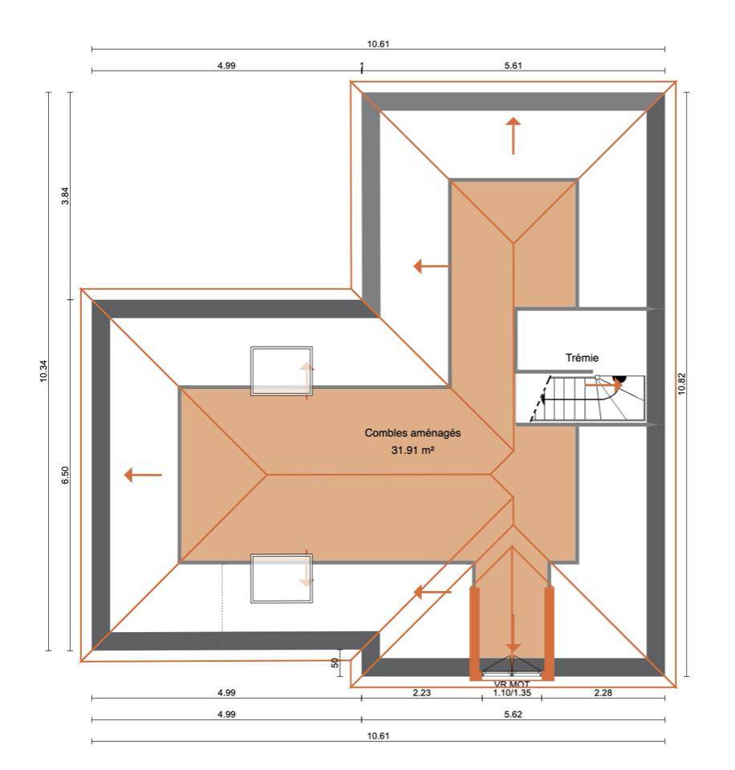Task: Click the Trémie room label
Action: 582,358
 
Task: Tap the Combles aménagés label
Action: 412,432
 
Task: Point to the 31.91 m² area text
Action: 412,449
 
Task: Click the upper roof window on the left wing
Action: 282,371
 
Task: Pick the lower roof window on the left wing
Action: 282,578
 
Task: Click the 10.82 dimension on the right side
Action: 681,383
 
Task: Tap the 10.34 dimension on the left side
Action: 44,371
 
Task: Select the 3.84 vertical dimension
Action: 65,196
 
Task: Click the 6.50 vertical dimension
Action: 65,475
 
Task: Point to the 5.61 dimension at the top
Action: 513,65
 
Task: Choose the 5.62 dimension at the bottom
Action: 513,714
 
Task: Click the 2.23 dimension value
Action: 421,692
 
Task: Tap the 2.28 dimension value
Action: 603,692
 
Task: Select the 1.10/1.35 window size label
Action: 512,693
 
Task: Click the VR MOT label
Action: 512,684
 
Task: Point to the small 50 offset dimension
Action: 335,663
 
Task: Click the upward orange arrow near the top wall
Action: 514,136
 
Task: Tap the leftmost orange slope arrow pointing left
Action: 143,475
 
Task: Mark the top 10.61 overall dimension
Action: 378,43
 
